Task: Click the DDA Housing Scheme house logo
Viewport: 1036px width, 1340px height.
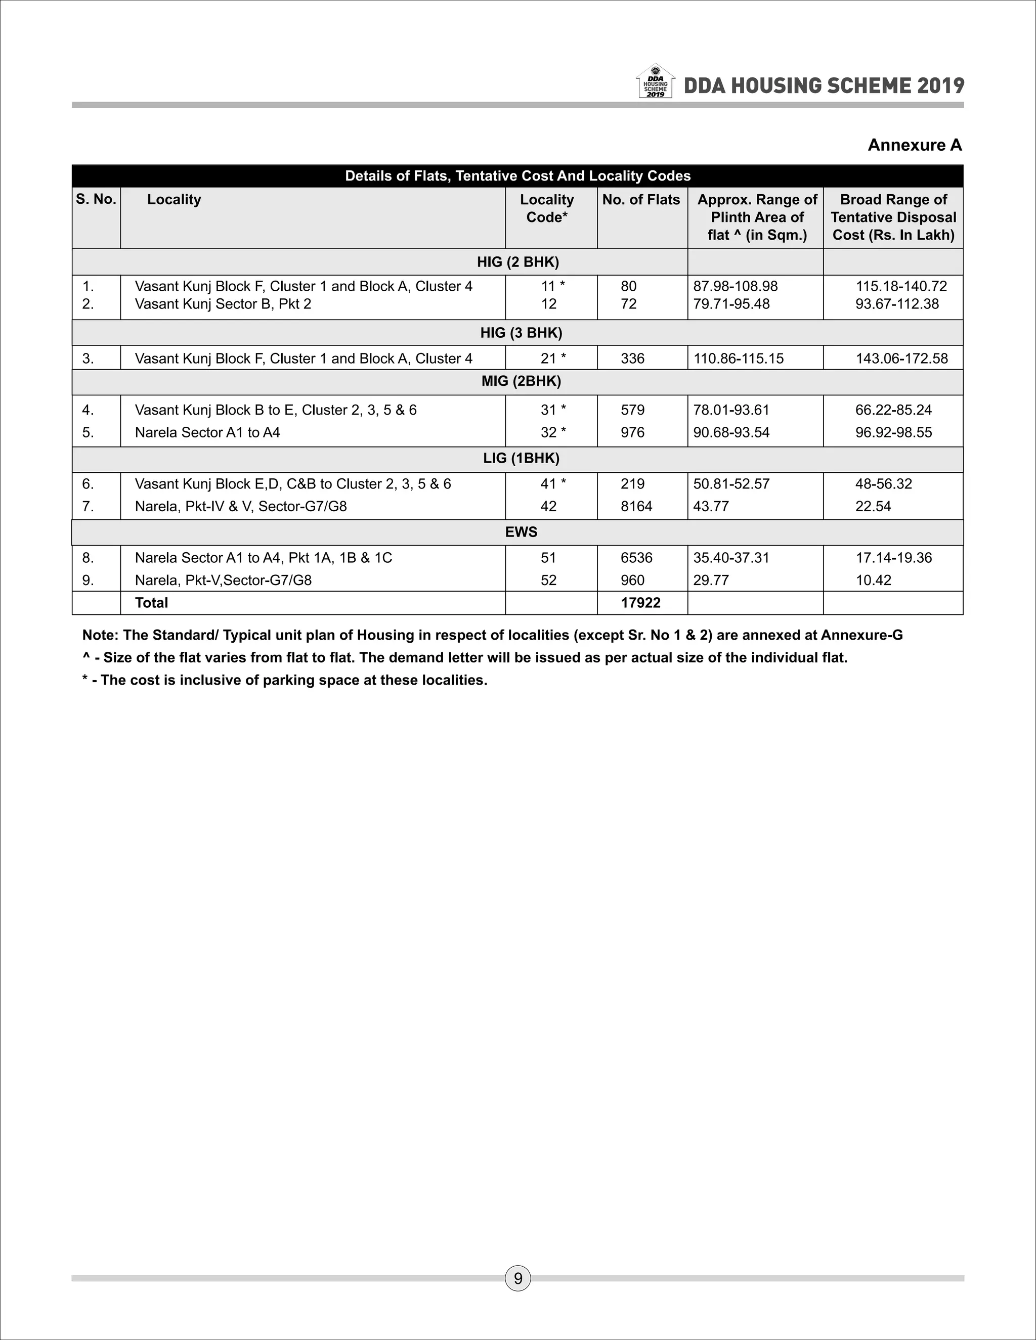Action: [656, 81]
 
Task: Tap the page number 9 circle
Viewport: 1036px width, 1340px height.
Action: [517, 1278]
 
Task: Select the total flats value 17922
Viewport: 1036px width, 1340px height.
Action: [640, 603]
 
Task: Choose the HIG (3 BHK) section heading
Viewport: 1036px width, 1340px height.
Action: [521, 333]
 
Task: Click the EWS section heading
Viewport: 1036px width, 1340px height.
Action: [521, 532]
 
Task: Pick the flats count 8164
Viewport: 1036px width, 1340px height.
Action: [636, 506]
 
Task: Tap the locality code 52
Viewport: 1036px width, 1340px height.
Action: [548, 580]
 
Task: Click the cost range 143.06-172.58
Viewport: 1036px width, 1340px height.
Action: [901, 359]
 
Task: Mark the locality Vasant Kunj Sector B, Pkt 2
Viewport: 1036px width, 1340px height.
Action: [223, 304]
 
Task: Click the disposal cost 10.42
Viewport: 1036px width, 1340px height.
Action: [873, 580]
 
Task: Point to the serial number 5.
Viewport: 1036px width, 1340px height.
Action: [88, 432]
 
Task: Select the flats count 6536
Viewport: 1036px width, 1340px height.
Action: [636, 558]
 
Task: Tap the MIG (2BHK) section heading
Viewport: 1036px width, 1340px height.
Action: [521, 381]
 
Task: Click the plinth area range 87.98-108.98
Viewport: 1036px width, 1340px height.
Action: [735, 286]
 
